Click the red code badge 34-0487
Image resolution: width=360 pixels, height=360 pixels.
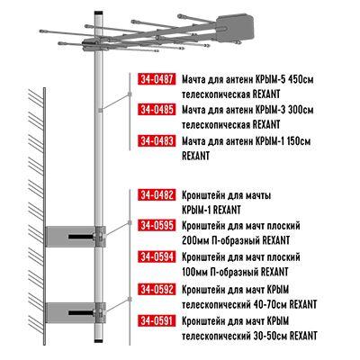(x=157, y=79)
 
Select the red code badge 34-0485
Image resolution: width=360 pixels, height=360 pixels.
(x=157, y=110)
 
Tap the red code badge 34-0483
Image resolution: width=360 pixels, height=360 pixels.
(x=157, y=140)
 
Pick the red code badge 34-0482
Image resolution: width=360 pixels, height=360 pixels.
(x=157, y=195)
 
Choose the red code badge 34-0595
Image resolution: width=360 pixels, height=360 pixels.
(x=157, y=226)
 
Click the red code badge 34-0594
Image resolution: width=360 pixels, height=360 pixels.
(x=157, y=257)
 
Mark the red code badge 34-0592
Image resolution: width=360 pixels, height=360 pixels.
(x=157, y=289)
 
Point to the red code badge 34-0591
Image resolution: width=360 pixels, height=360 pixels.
(x=157, y=319)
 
